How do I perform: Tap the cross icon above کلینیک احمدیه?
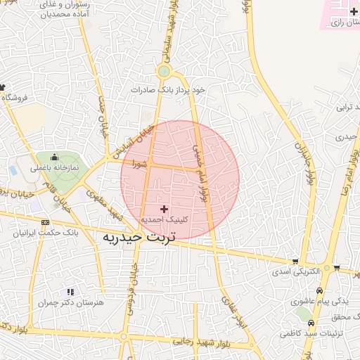(165, 209)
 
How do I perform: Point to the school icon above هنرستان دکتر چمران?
(70, 291)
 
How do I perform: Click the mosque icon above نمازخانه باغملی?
(54, 157)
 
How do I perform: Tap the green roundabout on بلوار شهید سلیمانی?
(164, 71)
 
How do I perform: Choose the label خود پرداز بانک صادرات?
(171, 90)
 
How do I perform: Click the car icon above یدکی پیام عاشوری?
(320, 291)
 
